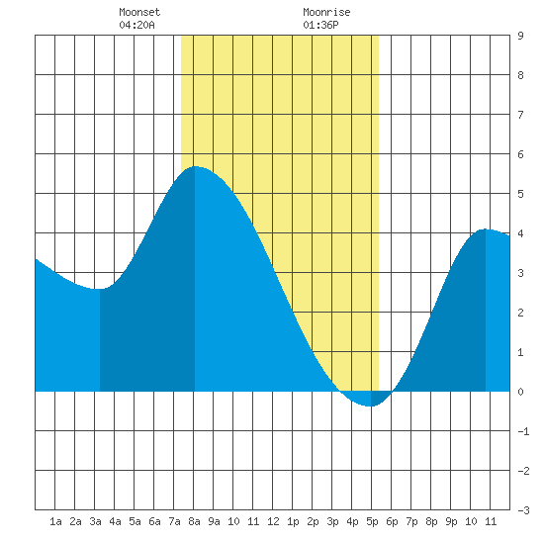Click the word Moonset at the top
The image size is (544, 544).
(139, 12)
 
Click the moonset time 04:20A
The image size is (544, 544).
(136, 25)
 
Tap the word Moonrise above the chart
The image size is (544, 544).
(326, 12)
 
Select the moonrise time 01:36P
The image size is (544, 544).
(320, 25)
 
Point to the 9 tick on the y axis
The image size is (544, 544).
(520, 36)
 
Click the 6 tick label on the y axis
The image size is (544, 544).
(520, 154)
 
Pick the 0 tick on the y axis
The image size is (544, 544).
(520, 392)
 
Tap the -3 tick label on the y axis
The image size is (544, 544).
(523, 510)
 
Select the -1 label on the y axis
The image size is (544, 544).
(523, 431)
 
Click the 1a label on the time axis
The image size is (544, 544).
(55, 521)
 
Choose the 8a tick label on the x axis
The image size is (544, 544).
(194, 521)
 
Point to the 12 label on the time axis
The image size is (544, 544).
(273, 521)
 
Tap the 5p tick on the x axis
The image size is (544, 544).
(372, 521)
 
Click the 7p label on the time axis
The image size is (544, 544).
(411, 521)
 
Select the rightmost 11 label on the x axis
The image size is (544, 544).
(491, 521)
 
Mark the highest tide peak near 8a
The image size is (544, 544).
(195, 166)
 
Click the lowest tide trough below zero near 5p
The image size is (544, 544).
(371, 406)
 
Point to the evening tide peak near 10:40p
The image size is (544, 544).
(485, 229)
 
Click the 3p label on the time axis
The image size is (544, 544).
(332, 521)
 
